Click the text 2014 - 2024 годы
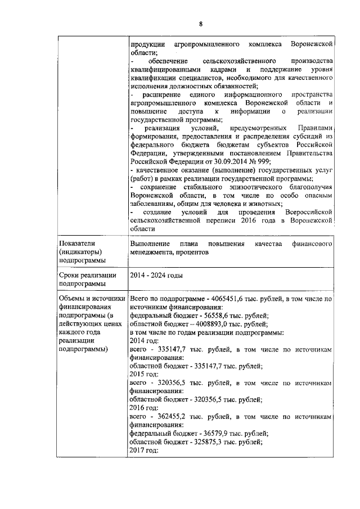pyautogui.click(x=155, y=276)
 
